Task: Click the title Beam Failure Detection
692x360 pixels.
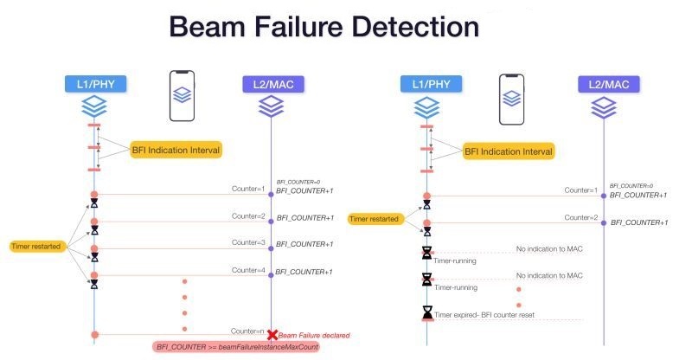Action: [x=324, y=27]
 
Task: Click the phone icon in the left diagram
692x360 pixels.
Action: [x=182, y=95]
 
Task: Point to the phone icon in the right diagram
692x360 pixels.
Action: [x=511, y=95]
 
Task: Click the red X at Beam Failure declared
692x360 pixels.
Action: [x=272, y=334]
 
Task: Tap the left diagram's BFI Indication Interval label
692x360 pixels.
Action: [x=176, y=150]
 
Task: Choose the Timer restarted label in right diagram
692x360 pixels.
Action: [x=374, y=219]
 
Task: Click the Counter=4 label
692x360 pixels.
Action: [x=247, y=271]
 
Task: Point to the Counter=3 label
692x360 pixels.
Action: [x=247, y=243]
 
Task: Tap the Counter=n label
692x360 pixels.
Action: [x=247, y=330]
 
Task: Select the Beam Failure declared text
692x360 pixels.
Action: [x=314, y=335]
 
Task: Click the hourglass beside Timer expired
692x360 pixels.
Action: [x=427, y=312]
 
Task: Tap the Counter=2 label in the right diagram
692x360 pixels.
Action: [x=580, y=217]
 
